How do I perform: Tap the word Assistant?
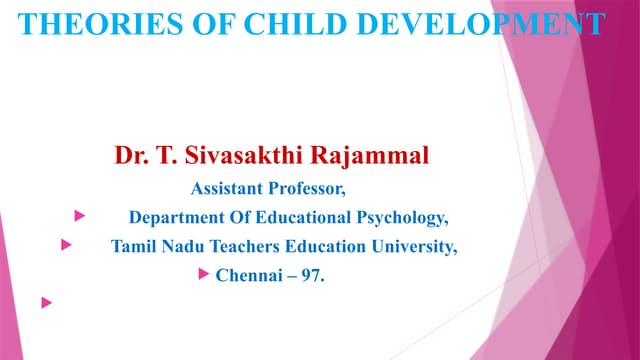tap(227, 187)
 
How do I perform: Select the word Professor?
tap(310, 187)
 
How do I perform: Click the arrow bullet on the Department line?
tap(79, 215)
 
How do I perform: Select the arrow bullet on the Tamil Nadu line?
tap(66, 243)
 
